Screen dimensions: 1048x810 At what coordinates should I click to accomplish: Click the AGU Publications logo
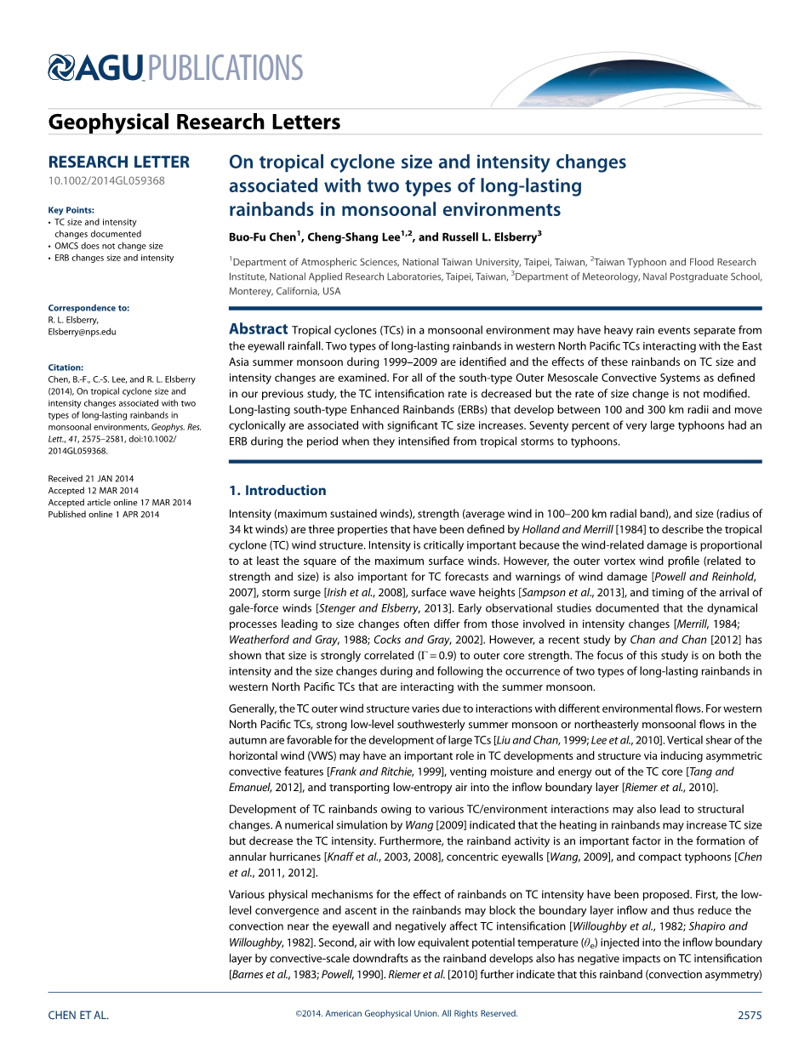(x=175, y=67)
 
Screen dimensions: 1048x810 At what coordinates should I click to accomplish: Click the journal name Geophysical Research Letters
(x=194, y=122)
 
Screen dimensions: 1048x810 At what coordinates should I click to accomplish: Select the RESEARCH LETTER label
(x=119, y=162)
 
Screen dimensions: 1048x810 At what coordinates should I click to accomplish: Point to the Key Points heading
(x=71, y=210)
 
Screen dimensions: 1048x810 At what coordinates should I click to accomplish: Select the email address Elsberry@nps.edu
(x=83, y=332)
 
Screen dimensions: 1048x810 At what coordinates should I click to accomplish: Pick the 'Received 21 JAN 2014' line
(x=91, y=479)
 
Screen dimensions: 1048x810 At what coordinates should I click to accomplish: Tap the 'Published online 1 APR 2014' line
(x=104, y=515)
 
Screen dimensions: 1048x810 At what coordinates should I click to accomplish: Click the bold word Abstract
(x=259, y=330)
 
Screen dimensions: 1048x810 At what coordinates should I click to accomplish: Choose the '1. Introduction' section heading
(x=278, y=491)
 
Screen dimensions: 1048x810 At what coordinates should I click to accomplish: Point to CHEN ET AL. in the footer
(x=79, y=1015)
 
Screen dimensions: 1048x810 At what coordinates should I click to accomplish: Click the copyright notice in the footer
(x=406, y=1014)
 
